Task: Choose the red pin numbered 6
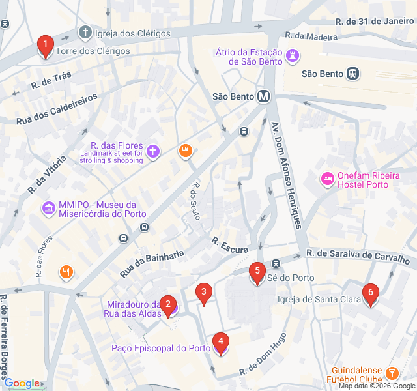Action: click(371, 295)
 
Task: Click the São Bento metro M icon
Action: click(264, 96)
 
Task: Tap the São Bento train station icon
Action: click(353, 74)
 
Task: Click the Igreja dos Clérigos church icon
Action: click(85, 33)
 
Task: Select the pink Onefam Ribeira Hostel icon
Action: click(326, 177)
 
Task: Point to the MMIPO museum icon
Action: click(48, 209)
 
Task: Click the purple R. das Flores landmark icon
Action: click(153, 152)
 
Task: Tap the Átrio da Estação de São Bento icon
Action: click(293, 56)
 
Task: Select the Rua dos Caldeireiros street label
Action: click(57, 109)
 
